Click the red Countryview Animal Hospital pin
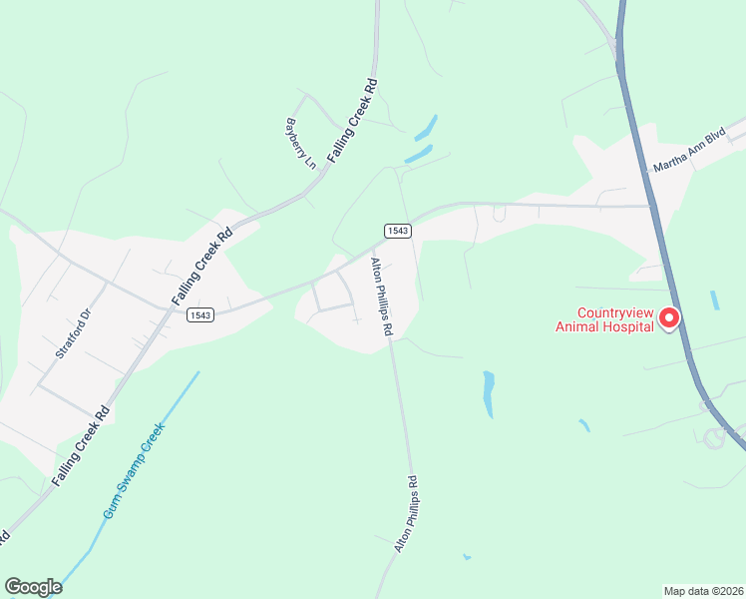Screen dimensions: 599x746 pos(668,317)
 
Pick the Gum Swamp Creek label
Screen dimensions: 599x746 pos(133,470)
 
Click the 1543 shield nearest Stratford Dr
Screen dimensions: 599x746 pos(198,314)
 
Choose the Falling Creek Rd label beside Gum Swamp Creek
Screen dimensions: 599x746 pos(80,445)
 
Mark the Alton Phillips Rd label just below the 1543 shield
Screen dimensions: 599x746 pos(382,297)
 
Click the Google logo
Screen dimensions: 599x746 pos(33,587)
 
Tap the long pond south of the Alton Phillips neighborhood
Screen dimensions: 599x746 pos(489,393)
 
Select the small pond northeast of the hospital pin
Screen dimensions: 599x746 pos(715,299)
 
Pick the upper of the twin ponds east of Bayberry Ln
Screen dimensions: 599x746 pos(427,128)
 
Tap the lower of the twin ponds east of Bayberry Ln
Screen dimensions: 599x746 pos(419,155)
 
